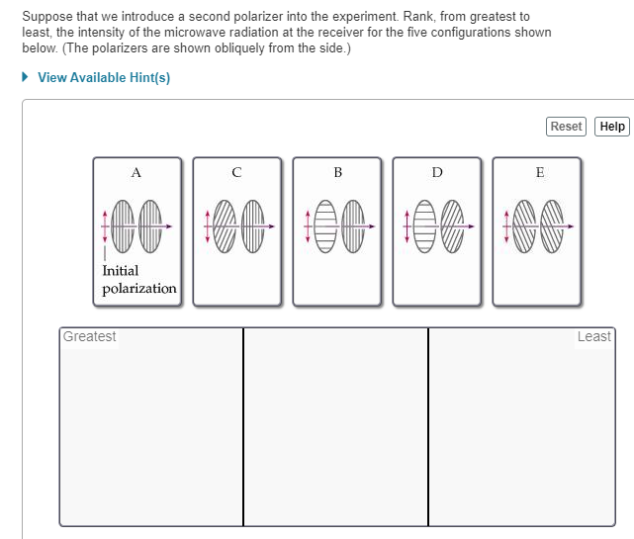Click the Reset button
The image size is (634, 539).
(x=566, y=127)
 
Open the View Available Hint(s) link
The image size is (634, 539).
(x=103, y=78)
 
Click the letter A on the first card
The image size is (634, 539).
(x=136, y=172)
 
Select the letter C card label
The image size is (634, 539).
(x=236, y=172)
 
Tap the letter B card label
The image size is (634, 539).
(x=337, y=172)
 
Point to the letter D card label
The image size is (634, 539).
(x=437, y=172)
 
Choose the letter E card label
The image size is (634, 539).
(x=539, y=172)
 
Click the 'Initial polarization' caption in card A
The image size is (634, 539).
(x=138, y=279)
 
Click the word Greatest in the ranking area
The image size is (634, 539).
(x=90, y=337)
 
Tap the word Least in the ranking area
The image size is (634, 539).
(x=593, y=337)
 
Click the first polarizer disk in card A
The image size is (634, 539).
(x=125, y=226)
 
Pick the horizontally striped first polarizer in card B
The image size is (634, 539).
(x=324, y=226)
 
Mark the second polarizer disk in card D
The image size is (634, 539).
(x=452, y=226)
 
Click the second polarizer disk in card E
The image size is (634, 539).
(x=553, y=226)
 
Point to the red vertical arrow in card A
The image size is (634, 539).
(x=103, y=226)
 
